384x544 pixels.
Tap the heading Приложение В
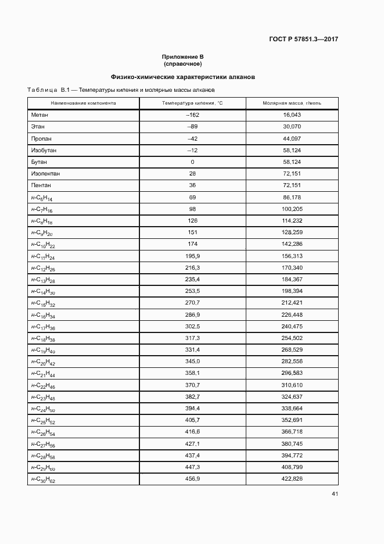(183, 56)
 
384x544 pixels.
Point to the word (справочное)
(183, 63)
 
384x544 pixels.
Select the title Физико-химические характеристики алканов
(183, 77)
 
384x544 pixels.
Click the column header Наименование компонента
(83, 103)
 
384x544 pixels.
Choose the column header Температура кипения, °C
(192, 103)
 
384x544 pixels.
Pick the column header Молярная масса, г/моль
(292, 103)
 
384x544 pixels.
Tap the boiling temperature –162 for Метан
(192, 115)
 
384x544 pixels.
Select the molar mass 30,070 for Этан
(292, 127)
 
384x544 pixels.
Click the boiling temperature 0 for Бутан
(192, 162)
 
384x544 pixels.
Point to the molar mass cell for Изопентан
(292, 173)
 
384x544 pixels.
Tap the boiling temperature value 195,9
(192, 256)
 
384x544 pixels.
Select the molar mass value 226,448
(292, 314)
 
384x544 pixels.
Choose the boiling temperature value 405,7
(192, 420)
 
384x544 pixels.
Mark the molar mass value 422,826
(292, 479)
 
